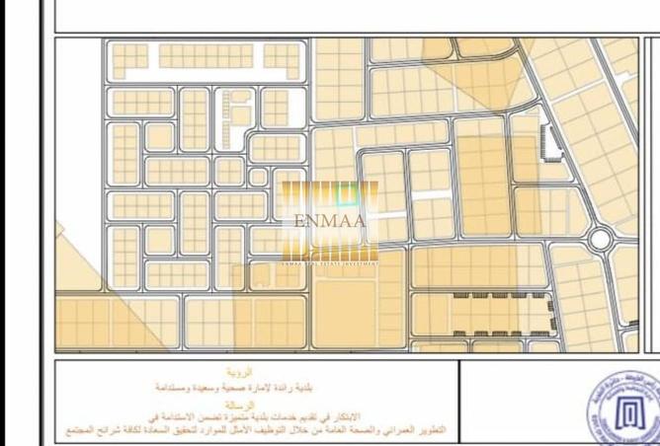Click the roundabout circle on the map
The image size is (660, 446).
pos(600,239)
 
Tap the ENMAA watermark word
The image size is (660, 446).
pos(330,220)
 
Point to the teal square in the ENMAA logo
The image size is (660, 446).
pos(345,194)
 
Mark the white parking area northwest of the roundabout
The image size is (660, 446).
pos(549,146)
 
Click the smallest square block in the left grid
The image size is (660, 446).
pos(258,177)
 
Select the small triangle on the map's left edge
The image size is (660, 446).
pos(59,233)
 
